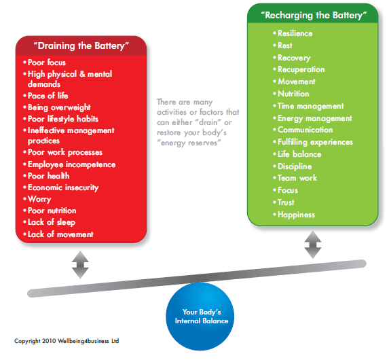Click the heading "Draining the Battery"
(81, 46)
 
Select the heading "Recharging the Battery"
(314, 16)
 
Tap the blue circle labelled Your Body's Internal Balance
(200, 317)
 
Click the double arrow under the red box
(80, 265)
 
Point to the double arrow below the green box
(313, 245)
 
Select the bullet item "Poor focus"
(47, 62)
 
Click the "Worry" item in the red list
(39, 199)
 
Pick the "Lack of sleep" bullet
(52, 222)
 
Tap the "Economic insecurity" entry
(63, 187)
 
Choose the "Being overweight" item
(59, 107)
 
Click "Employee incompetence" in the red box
(72, 164)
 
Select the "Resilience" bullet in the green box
(295, 33)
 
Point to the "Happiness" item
(296, 215)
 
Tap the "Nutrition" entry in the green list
(293, 94)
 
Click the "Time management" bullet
(311, 106)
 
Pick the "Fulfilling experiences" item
(315, 142)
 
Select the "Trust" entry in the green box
(286, 202)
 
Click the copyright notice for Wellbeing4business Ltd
(67, 341)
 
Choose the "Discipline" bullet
(295, 166)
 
